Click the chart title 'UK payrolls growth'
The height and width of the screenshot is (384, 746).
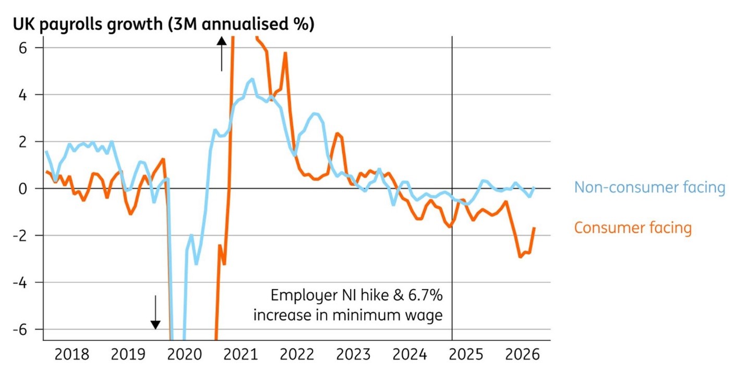pyautogui.click(x=88, y=25)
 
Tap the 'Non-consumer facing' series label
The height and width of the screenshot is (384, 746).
pyautogui.click(x=650, y=187)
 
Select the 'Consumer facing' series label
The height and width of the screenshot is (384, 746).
pyautogui.click(x=633, y=228)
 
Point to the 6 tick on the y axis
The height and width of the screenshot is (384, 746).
pyautogui.click(x=22, y=48)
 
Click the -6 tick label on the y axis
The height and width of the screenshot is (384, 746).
pyautogui.click(x=20, y=330)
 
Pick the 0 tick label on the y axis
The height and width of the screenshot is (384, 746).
pyautogui.click(x=22, y=189)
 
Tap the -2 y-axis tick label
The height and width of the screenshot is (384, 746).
pyautogui.click(x=20, y=236)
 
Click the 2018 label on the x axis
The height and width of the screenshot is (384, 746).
pyautogui.click(x=71, y=354)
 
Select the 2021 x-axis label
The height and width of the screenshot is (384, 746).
pyautogui.click(x=240, y=354)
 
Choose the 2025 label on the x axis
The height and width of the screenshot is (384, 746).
pyautogui.click(x=466, y=354)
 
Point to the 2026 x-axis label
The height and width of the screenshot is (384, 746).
pyautogui.click(x=522, y=354)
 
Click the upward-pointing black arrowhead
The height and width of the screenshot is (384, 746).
pyautogui.click(x=222, y=41)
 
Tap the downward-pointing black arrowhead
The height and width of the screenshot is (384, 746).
pyautogui.click(x=155, y=325)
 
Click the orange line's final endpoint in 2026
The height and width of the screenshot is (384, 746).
pyautogui.click(x=534, y=228)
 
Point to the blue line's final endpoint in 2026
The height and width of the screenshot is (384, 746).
pyautogui.click(x=534, y=188)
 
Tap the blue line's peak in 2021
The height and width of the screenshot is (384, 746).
pyautogui.click(x=252, y=79)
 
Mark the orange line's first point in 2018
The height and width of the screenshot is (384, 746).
pyautogui.click(x=46, y=172)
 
